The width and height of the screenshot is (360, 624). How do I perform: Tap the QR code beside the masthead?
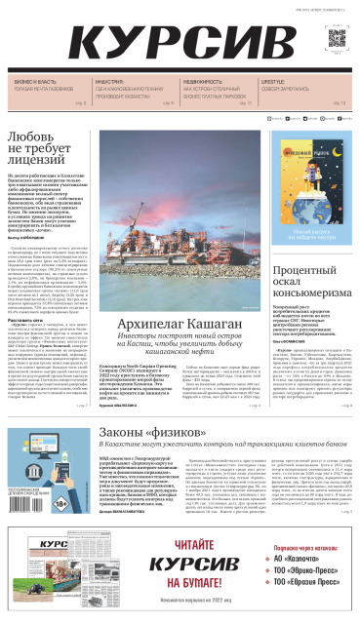tap(338, 40)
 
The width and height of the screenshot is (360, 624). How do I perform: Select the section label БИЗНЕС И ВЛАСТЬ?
tap(36, 81)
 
